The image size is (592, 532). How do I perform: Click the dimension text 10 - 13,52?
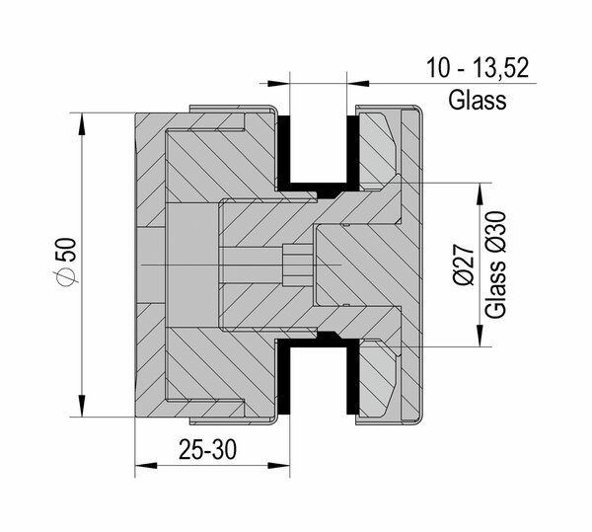[x=478, y=68]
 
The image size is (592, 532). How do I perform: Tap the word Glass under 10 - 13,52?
[x=478, y=100]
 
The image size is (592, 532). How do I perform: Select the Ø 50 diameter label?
[x=68, y=261]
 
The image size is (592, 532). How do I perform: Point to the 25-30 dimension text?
[x=207, y=450]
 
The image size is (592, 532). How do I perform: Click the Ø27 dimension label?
[x=464, y=265]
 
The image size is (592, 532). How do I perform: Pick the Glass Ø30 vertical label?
[x=495, y=265]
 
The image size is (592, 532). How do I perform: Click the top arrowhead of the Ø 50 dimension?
[x=82, y=123]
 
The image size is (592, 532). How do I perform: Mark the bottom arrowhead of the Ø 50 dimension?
[x=82, y=406]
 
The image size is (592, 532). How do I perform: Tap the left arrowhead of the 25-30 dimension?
[x=146, y=466]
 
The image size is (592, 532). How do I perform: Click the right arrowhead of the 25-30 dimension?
[x=279, y=466]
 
